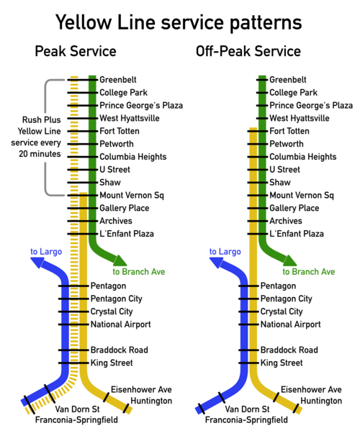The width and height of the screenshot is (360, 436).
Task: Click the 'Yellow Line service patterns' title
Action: [179, 23]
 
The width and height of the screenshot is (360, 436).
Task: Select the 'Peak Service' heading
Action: [76, 51]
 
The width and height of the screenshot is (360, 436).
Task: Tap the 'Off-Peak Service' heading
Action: [248, 51]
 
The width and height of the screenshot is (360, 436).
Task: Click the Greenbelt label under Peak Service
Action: [118, 80]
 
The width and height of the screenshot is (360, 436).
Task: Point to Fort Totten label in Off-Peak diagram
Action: [289, 131]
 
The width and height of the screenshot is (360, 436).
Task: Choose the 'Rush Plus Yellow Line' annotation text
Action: [39, 125]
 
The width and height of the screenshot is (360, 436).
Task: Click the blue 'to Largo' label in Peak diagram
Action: [46, 252]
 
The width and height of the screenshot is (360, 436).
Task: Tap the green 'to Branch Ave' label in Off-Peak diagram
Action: [309, 272]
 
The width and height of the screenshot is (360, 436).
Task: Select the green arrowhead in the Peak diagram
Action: [120, 260]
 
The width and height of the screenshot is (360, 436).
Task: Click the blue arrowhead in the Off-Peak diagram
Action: [216, 262]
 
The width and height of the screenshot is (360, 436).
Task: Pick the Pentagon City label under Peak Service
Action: [117, 299]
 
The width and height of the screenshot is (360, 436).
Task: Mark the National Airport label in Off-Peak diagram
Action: [290, 324]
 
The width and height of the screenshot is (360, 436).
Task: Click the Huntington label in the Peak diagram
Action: [151, 401]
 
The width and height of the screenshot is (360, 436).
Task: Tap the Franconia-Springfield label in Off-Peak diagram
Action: [246, 420]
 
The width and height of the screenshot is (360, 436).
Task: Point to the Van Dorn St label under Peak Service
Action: [77, 409]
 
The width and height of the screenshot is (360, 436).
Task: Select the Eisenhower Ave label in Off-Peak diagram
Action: [311, 389]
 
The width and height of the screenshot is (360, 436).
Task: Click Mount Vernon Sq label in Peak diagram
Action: [132, 196]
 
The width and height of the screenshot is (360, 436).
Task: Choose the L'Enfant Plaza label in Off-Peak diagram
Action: [297, 234]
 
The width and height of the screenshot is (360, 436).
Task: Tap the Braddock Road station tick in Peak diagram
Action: [73, 350]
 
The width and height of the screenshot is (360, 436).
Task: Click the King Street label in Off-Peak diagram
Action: [282, 363]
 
